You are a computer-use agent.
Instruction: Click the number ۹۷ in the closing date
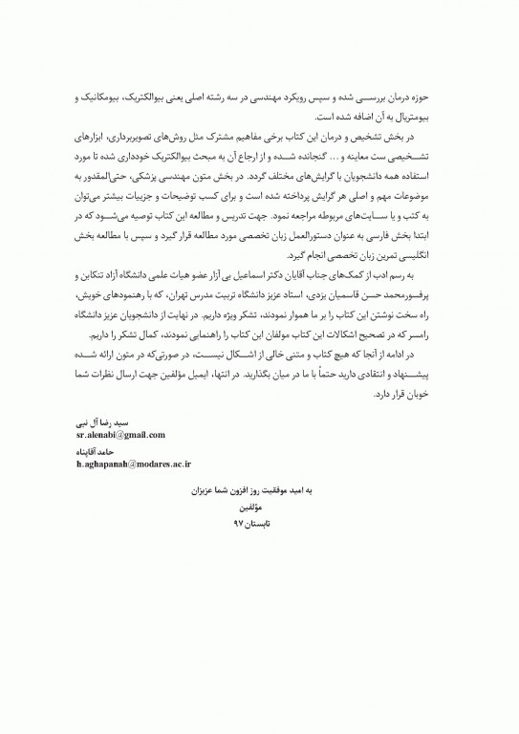(240, 524)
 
